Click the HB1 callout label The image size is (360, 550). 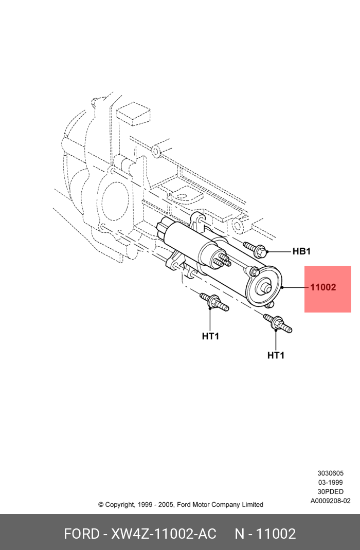click(x=301, y=251)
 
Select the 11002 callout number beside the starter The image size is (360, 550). click(x=323, y=287)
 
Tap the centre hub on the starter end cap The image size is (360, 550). click(x=266, y=288)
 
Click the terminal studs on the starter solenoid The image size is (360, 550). click(x=222, y=260)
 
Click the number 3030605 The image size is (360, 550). click(x=330, y=473)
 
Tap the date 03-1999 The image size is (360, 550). click(x=330, y=483)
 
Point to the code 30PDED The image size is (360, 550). click(x=330, y=492)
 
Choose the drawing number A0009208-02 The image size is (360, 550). click(x=330, y=501)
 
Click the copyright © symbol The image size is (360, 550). click(x=101, y=505)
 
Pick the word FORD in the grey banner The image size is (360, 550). click(x=81, y=534)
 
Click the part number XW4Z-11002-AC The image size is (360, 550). click(x=164, y=534)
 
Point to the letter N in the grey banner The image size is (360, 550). click(x=240, y=534)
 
